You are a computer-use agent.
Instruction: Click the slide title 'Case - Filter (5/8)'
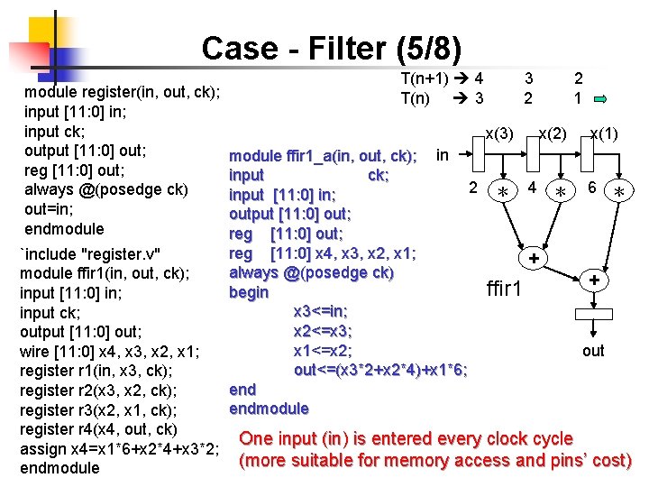(x=331, y=48)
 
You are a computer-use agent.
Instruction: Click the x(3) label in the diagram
(x=498, y=134)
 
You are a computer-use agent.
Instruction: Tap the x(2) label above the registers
(x=552, y=134)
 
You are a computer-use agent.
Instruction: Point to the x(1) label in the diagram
(x=603, y=134)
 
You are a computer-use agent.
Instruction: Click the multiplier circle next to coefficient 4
(x=562, y=192)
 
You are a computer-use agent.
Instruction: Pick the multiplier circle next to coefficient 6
(x=618, y=192)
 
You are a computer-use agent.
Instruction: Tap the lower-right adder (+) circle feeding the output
(x=593, y=280)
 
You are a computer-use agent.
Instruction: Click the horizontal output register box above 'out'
(x=593, y=313)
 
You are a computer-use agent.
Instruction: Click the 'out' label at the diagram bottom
(x=593, y=351)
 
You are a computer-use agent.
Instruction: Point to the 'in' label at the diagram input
(x=442, y=155)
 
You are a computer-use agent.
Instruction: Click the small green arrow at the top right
(x=610, y=98)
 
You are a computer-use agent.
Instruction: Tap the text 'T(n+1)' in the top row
(x=430, y=78)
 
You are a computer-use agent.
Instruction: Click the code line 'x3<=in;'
(x=320, y=311)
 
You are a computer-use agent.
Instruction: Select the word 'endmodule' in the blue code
(x=269, y=409)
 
